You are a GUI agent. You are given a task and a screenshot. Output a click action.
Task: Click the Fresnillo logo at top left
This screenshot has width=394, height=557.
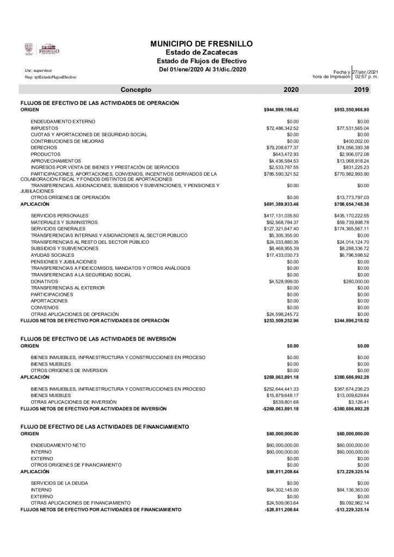(x=42, y=49)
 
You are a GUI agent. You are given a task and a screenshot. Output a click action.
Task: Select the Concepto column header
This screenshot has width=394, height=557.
(x=136, y=89)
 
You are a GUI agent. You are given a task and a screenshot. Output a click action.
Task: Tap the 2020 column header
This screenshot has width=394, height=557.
(x=291, y=89)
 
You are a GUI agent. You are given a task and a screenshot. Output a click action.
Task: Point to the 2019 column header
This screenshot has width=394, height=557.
(x=361, y=89)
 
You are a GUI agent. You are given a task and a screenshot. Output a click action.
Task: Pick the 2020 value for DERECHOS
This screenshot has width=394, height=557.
(x=282, y=147)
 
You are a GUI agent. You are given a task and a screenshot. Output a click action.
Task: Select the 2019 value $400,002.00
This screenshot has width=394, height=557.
(x=355, y=141)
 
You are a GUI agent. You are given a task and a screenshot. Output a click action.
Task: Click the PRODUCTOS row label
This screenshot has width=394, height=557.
(x=46, y=154)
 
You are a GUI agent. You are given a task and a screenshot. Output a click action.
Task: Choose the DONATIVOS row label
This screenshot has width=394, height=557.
(x=44, y=281)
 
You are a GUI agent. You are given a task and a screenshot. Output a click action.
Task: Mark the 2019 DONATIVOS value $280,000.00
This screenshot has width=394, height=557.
(x=355, y=281)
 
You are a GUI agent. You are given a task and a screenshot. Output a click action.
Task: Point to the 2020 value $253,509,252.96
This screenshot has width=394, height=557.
(x=281, y=320)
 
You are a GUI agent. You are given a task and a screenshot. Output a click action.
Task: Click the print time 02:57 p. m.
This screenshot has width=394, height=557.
(x=366, y=77)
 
